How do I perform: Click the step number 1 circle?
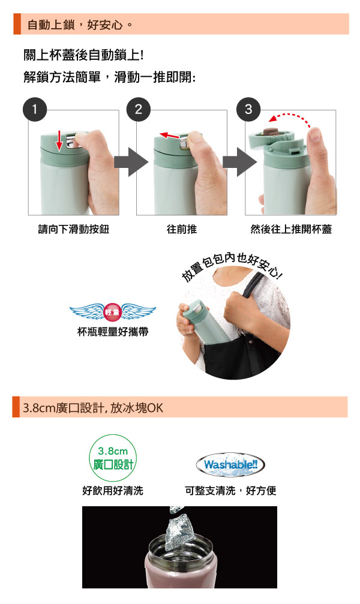tap(35, 109)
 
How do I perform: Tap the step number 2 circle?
tap(139, 109)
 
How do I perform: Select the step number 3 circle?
tap(248, 109)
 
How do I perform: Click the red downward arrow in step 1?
tap(59, 140)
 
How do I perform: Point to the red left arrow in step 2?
tap(170, 136)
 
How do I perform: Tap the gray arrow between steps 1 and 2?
tap(131, 162)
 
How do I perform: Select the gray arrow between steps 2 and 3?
tap(240, 162)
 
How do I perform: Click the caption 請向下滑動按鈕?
tap(74, 229)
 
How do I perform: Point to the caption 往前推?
tap(182, 229)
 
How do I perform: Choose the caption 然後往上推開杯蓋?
tap(291, 229)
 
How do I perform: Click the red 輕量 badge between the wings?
tap(113, 312)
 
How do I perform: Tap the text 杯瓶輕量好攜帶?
tap(113, 332)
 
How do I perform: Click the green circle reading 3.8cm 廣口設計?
tap(113, 458)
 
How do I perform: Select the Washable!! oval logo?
tap(230, 465)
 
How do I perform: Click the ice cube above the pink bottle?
tap(180, 533)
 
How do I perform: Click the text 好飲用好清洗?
tap(113, 491)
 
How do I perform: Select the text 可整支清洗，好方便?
tap(230, 491)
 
